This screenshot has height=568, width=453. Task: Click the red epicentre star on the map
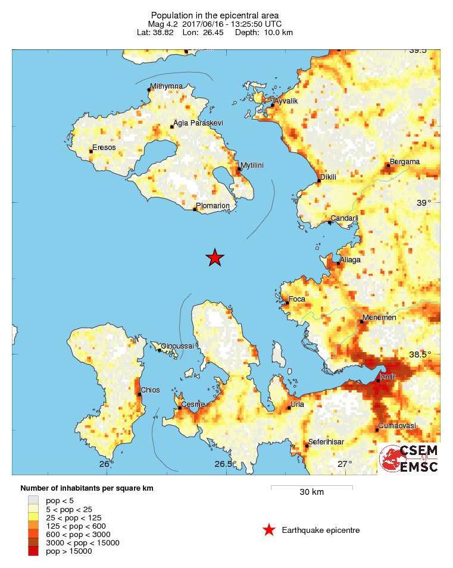[215, 258]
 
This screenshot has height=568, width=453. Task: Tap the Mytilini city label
[252, 165]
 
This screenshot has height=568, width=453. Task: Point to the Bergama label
[405, 162]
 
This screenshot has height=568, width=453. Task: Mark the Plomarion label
[213, 206]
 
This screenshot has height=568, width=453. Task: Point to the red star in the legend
[269, 530]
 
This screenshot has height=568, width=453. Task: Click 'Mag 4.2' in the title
[163, 24]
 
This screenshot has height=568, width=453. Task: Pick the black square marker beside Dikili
[318, 181]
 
